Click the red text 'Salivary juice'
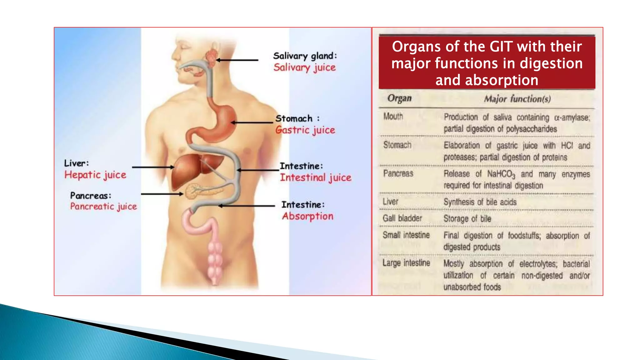pos(304,67)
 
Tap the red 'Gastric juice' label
pos(305,130)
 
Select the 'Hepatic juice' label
pos(95,175)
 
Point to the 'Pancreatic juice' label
pos(103,207)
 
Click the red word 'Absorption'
pos(307,216)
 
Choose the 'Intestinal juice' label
pos(316,177)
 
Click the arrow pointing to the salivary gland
pos(237,60)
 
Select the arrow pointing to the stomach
pos(252,122)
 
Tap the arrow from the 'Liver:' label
pos(153,167)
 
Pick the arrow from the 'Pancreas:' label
pos(162,194)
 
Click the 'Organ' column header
pos(399,98)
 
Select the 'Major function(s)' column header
pos(517,99)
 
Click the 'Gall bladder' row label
pos(402,218)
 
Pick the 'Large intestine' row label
pos(406,263)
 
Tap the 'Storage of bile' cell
pos(467,219)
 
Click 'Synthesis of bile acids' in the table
pos(480,202)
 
